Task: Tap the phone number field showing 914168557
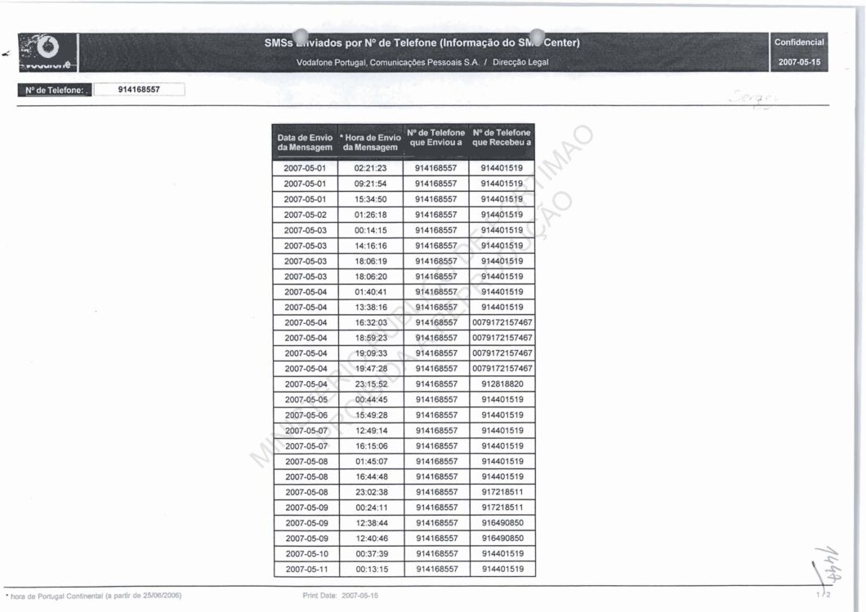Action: tap(138, 90)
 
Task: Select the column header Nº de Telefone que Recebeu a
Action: tap(502, 138)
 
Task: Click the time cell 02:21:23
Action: tap(370, 168)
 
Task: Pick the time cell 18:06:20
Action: tap(370, 276)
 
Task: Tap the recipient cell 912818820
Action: tap(502, 384)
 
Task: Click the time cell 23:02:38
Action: tap(370, 492)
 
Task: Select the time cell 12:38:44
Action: tap(370, 523)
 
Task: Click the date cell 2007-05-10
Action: tap(305, 553)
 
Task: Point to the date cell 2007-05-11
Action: tap(305, 569)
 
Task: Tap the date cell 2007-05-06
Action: tap(305, 415)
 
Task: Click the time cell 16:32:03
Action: tap(370, 322)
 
